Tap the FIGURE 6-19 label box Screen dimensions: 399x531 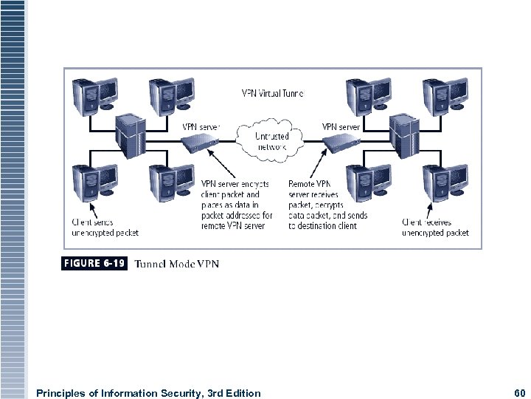tap(94, 263)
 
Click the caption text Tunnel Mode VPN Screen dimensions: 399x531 tap(176, 264)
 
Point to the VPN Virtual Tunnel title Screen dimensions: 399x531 tap(273, 94)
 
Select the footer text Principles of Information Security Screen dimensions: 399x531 tap(147, 393)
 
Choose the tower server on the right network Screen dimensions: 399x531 tap(406, 134)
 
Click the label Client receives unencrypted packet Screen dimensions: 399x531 tap(435, 228)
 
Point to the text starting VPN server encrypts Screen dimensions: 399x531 tap(237, 205)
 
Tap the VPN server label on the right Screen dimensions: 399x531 tap(341, 126)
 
